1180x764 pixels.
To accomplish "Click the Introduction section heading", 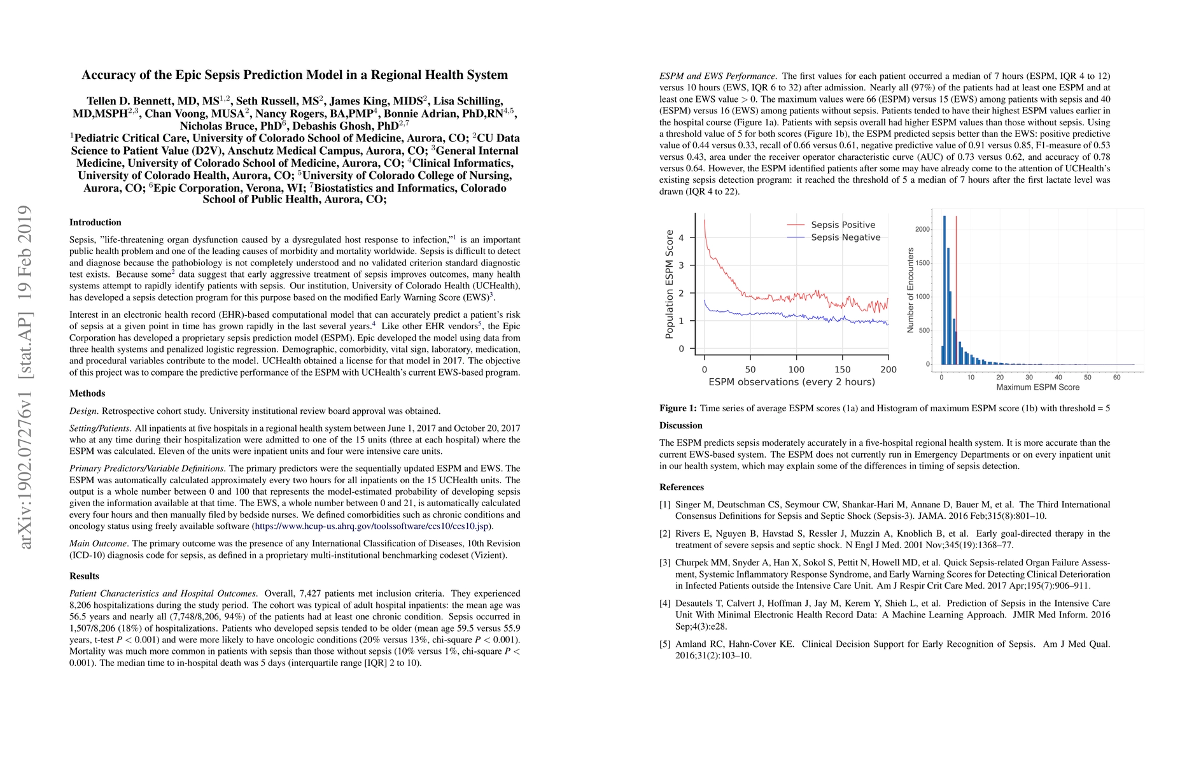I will coord(95,222).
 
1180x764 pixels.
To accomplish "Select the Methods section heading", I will coord(87,393).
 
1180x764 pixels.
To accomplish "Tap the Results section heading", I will coord(84,576).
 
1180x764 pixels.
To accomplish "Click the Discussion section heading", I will coord(680,425).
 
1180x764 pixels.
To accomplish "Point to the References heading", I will coord(681,487).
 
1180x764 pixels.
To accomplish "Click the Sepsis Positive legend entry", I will coord(842,225).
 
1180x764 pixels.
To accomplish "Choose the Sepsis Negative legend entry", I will coord(845,237).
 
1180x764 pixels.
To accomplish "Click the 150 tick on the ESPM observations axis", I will coord(842,369).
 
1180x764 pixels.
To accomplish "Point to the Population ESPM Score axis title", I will coord(670,284).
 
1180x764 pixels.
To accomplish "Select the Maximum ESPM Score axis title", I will coord(1037,387).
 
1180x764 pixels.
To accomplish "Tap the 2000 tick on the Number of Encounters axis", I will coord(922,229).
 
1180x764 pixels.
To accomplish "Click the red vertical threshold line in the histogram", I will coord(956,286).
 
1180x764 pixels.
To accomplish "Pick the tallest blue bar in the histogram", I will coord(944,290).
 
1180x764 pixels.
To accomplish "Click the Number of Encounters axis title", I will coord(910,290).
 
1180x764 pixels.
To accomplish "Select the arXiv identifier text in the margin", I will coord(25,376).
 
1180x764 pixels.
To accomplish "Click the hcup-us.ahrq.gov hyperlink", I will coord(372,527).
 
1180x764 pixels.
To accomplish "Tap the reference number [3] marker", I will coord(664,563).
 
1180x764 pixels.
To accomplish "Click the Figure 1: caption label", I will coord(678,408).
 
